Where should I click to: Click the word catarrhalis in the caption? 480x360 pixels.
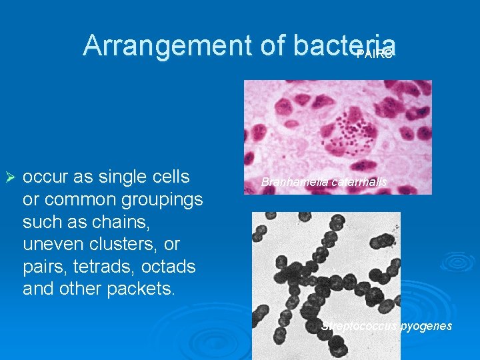point(355,182)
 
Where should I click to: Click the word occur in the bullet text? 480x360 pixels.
point(44,177)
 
